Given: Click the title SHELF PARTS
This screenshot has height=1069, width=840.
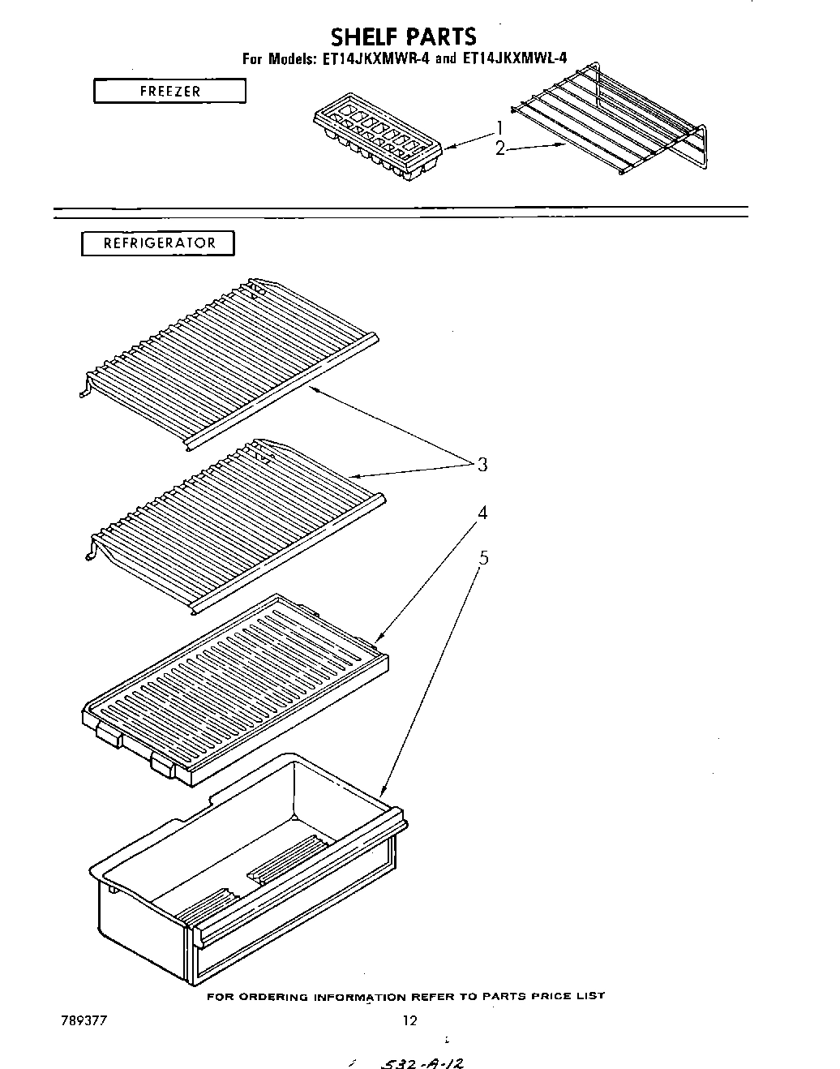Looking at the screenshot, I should (402, 36).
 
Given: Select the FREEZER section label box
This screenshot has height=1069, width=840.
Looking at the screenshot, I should (169, 91).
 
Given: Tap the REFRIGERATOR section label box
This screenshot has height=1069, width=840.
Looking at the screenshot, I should (158, 243).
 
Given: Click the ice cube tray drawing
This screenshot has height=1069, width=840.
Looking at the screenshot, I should (375, 142).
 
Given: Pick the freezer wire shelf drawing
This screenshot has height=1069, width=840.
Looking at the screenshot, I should (608, 122).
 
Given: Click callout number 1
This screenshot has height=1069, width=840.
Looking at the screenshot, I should (500, 127).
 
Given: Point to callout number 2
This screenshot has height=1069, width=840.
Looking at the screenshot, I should (500, 148).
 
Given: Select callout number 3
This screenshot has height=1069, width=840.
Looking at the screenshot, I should (482, 465).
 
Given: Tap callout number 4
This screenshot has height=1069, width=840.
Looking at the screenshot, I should (482, 513).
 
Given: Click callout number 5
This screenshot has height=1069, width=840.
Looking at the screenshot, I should (483, 557).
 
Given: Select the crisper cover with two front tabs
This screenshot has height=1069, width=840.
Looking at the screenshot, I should (235, 689).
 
